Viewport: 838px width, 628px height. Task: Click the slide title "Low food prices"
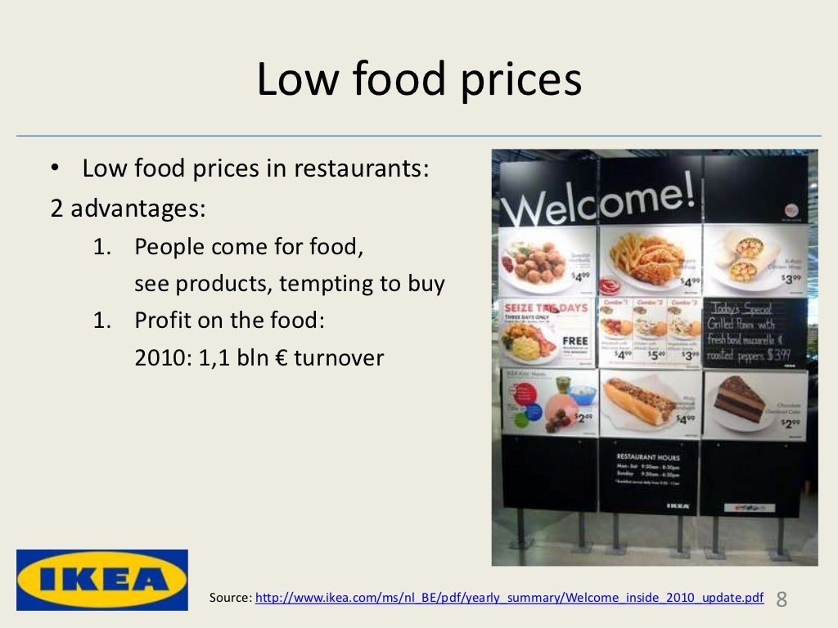419,80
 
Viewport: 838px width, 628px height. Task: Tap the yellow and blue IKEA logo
102,580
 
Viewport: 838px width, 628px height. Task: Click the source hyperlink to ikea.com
509,598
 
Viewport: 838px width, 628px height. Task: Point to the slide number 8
782,599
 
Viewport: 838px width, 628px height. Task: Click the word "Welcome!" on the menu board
598,200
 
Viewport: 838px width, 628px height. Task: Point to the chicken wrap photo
741,253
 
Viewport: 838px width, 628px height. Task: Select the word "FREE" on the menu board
575,342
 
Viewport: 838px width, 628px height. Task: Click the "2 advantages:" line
128,209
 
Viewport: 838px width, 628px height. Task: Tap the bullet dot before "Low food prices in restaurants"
55,170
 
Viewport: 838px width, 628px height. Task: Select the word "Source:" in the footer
230,598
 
